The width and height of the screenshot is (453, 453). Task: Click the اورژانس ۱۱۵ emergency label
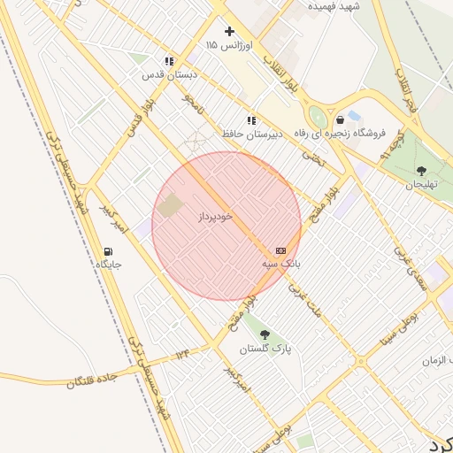click(229, 44)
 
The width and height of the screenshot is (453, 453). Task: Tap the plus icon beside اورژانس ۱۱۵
click(229, 31)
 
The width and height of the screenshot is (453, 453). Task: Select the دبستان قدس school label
click(167, 75)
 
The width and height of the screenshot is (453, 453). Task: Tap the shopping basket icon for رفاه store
click(340, 120)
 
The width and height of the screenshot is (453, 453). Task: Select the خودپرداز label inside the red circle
click(214, 217)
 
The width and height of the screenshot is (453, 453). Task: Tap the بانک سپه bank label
click(281, 264)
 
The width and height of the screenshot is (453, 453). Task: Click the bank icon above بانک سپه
click(280, 251)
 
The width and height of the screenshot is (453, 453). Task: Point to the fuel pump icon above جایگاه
click(108, 251)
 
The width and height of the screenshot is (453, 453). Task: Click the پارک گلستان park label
click(265, 348)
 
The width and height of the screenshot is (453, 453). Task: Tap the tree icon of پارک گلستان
click(265, 334)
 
